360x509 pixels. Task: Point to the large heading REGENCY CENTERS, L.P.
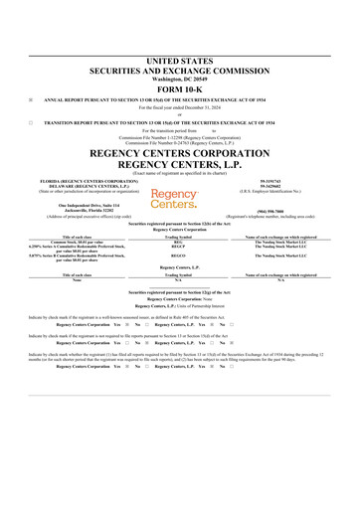tap(179, 152)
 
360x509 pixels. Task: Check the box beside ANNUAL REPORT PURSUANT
tap(31, 99)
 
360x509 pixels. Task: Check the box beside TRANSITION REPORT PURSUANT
tap(31, 121)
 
